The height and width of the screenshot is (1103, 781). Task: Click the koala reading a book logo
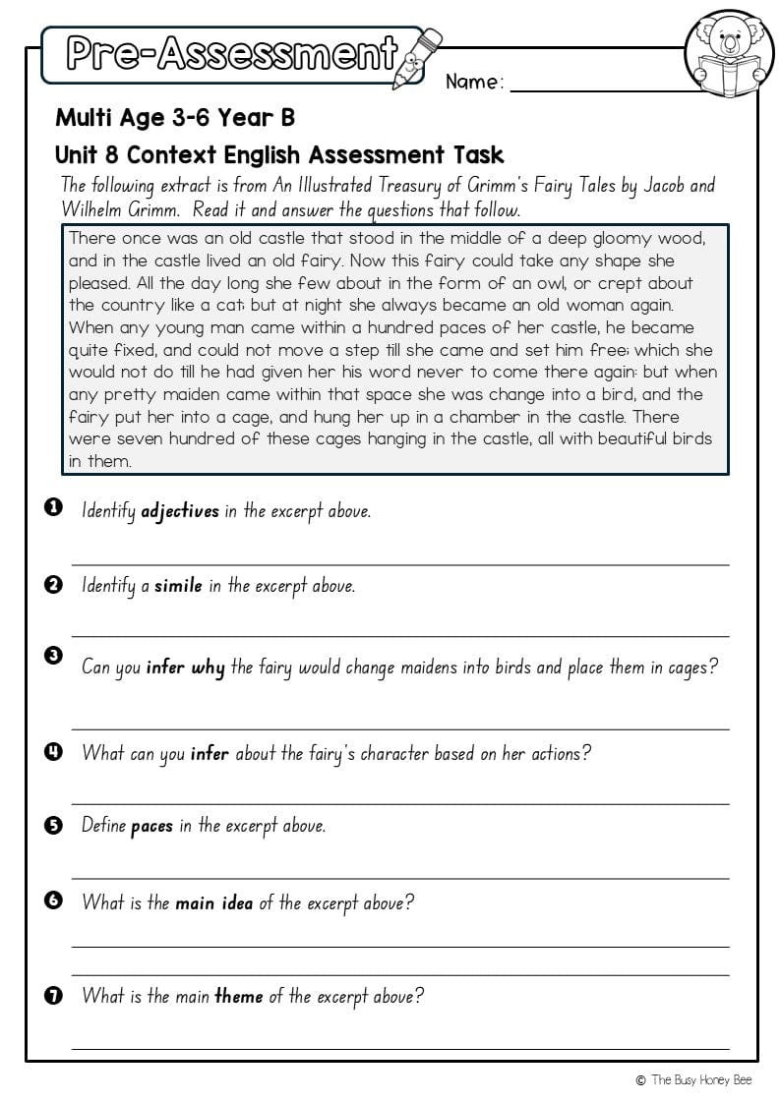click(x=729, y=53)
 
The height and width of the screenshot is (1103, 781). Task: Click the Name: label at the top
click(x=474, y=83)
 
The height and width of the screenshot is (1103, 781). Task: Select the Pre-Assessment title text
click(x=232, y=54)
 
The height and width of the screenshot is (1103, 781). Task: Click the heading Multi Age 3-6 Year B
click(x=175, y=118)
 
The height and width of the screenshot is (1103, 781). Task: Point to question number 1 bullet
click(x=54, y=507)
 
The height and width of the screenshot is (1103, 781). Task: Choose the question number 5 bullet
click(x=54, y=825)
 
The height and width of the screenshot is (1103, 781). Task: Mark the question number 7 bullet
click(x=54, y=996)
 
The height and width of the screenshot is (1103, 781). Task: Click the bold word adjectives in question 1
click(x=180, y=511)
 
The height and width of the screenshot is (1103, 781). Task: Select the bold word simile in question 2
click(x=178, y=586)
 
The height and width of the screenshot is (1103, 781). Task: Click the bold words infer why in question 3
click(x=186, y=668)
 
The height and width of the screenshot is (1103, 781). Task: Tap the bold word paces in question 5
click(x=151, y=826)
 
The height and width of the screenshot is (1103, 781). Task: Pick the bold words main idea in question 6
click(x=213, y=902)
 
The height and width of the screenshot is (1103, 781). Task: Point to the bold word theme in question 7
click(x=238, y=996)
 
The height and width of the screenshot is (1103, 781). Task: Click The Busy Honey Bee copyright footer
click(x=694, y=1079)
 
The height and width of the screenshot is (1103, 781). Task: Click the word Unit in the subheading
click(x=76, y=155)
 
